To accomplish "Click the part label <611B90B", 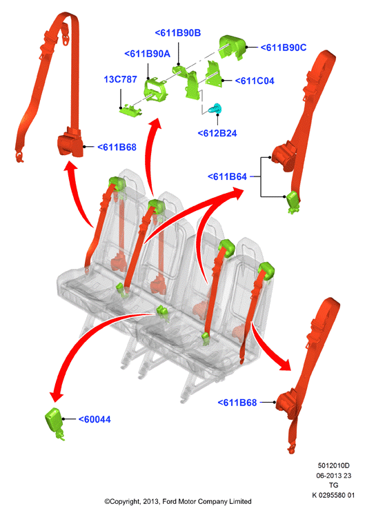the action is tap(177, 33).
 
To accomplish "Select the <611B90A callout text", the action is tap(147, 54).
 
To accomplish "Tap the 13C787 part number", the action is tap(120, 79).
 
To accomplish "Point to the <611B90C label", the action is tap(284, 48).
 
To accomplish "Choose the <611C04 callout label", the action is tap(255, 81).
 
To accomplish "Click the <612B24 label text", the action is tap(217, 133).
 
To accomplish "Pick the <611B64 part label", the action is tap(227, 176).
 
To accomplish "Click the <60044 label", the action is tap(95, 419).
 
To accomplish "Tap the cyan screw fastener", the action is tap(215, 108).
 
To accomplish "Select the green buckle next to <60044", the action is tap(55, 423).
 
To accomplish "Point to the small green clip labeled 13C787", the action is tap(131, 110).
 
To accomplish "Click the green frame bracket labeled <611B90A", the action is tap(155, 90).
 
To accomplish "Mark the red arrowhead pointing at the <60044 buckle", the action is tap(56, 396).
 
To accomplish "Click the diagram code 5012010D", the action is tap(333, 465).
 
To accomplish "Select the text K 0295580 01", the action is tap(333, 495).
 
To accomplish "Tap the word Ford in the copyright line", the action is tap(169, 501).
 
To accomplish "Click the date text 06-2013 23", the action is tap(333, 475).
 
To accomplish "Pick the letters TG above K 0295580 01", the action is tap(333, 485).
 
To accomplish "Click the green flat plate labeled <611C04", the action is tap(213, 74).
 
